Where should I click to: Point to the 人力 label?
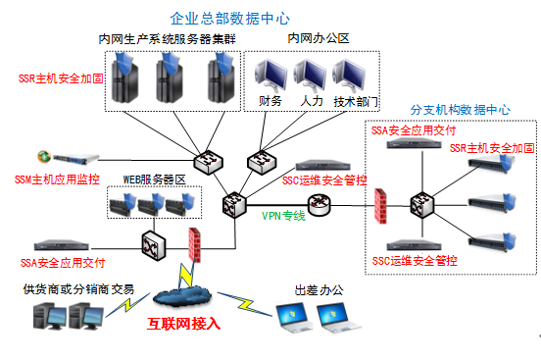pos(312,101)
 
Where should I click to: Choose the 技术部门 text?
pos(355,101)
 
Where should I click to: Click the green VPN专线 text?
pos(283,213)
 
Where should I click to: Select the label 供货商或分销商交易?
pos(78,288)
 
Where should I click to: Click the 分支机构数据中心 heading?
pos(460,110)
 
